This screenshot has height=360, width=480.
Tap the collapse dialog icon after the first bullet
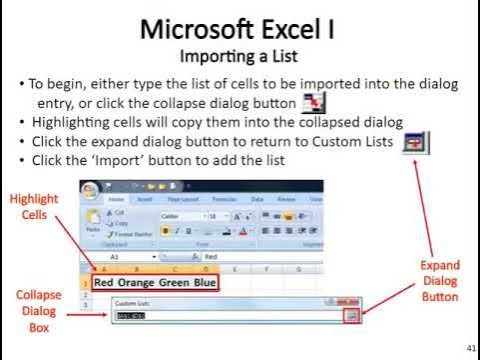pyautogui.click(x=315, y=103)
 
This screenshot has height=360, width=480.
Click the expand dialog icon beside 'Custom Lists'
pyautogui.click(x=416, y=142)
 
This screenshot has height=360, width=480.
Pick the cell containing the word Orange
pyautogui.click(x=143, y=282)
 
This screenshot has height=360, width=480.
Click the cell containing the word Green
pyautogui.click(x=183, y=282)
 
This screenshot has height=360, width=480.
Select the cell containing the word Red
pyautogui.click(x=105, y=282)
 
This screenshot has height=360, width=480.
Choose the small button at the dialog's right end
pyautogui.click(x=351, y=316)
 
